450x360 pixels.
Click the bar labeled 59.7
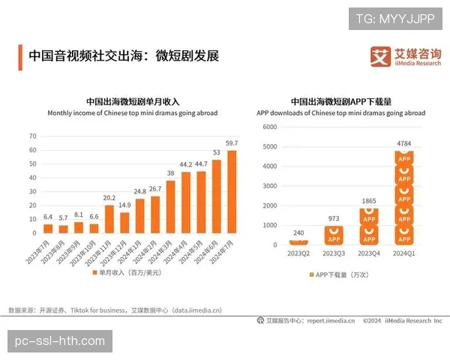pos(232,192)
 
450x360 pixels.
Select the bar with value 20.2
pos(109,219)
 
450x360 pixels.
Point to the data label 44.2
pos(185,163)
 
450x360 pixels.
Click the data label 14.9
pos(124,205)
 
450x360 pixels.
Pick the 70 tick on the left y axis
pos(32,136)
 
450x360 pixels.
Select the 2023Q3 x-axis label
pos(334,253)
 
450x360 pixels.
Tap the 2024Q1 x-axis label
pos(404,253)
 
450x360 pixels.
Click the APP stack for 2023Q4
pos(369,226)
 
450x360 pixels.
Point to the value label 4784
pos(404,142)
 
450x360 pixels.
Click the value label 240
pos(299,232)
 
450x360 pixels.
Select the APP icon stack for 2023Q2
pos(299,241)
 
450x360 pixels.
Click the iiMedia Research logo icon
pos(382,56)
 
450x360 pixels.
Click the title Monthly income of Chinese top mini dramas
pos(133,113)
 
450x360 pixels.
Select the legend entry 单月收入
pos(129,272)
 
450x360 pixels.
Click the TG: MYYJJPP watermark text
pos(394,19)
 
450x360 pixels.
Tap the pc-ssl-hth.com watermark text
pos(61,341)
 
